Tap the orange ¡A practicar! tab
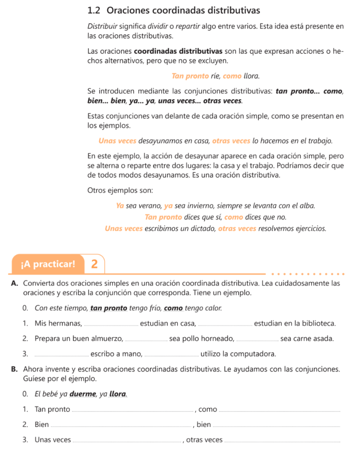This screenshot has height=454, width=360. [x=48, y=264]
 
